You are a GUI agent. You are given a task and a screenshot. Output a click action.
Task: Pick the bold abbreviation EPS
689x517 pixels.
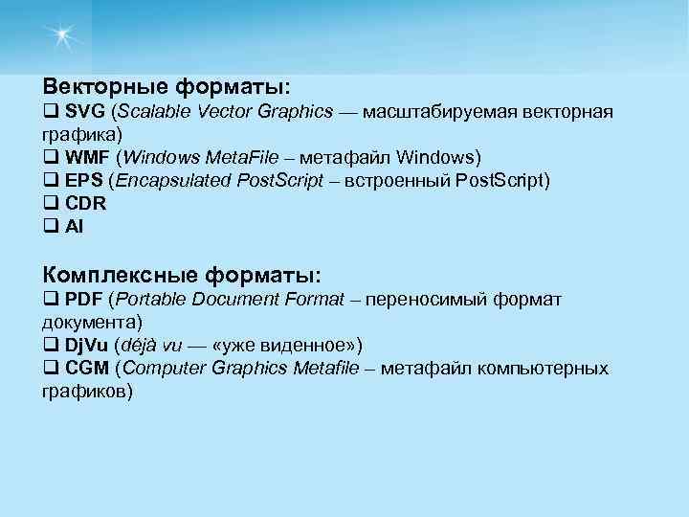pos(84,180)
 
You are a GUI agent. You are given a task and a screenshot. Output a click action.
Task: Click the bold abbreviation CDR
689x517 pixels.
pos(85,203)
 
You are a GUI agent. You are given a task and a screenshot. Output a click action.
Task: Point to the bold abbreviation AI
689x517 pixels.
pos(75,226)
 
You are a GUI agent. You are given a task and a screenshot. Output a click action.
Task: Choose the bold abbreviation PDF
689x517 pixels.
pos(84,300)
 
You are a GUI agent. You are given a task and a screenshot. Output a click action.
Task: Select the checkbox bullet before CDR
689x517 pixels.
pos(50,203)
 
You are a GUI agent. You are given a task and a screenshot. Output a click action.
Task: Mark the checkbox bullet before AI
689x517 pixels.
pos(50,226)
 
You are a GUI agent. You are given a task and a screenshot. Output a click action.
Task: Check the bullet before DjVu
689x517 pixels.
pos(50,346)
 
